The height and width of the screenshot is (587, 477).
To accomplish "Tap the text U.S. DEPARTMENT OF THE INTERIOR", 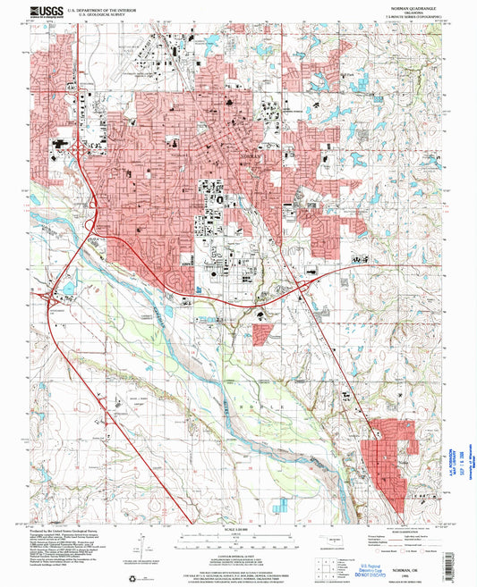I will click(x=106, y=9).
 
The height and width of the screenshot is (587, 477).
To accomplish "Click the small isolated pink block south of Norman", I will click(x=262, y=335).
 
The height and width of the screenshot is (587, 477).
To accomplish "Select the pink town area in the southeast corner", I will click(x=394, y=456).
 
